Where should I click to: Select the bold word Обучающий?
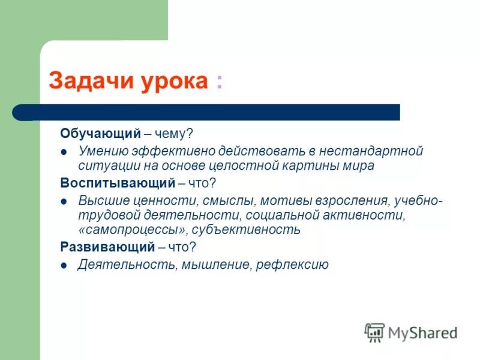point(100,134)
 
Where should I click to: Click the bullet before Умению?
point(64,151)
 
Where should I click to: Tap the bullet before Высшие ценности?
point(64,200)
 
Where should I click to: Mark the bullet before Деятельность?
point(64,265)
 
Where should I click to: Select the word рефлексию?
point(292,265)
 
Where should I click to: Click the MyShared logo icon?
point(374,332)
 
